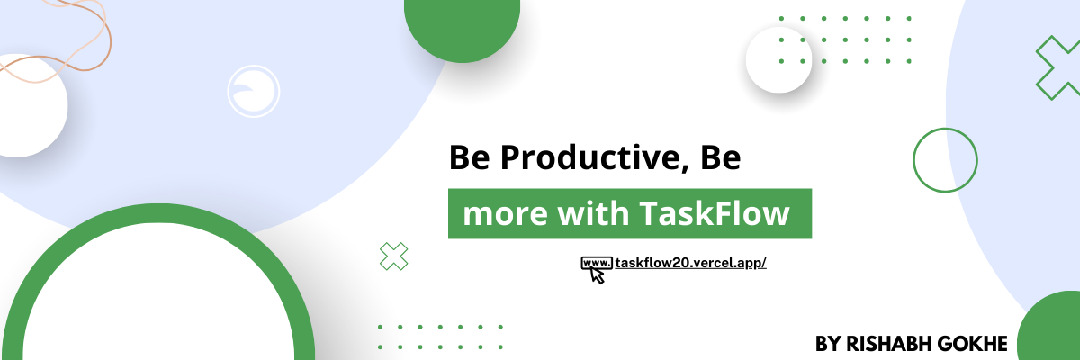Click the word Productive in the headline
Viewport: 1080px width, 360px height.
590,157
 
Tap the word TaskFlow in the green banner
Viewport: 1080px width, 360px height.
715,213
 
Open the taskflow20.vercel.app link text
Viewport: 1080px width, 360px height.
690,263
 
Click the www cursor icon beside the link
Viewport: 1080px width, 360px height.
597,269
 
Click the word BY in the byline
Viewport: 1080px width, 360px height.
828,344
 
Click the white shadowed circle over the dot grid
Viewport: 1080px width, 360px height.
778,59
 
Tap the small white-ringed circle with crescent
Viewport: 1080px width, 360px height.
254,91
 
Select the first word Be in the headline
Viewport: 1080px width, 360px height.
469,157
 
